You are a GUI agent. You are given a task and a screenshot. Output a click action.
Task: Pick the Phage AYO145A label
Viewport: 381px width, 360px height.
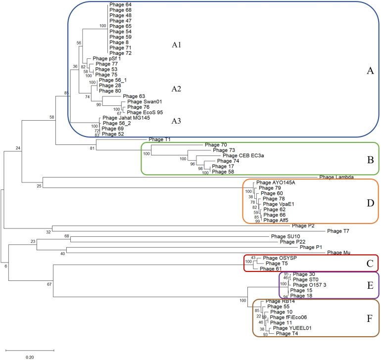(281, 182)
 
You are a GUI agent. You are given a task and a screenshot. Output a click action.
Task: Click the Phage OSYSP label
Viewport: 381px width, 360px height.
(278, 258)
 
